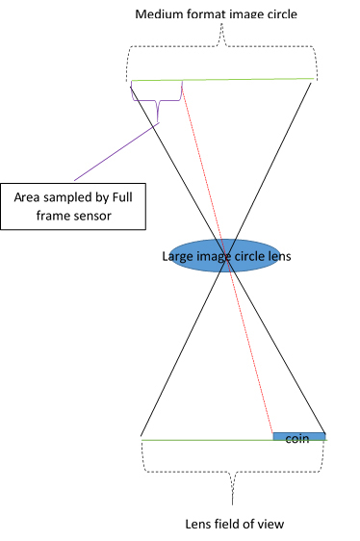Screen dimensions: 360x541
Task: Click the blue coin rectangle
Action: click(x=299, y=436)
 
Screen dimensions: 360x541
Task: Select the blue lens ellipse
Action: click(x=225, y=256)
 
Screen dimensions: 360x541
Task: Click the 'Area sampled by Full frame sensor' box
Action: click(x=73, y=206)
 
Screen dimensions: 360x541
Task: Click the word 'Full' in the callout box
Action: click(x=122, y=197)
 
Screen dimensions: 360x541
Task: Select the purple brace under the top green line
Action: click(x=158, y=101)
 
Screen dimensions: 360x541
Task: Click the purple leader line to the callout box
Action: click(x=116, y=152)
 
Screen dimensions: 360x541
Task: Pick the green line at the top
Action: click(x=222, y=80)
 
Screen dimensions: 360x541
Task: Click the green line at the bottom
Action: click(x=234, y=440)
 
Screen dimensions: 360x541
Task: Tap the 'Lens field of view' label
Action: click(x=235, y=524)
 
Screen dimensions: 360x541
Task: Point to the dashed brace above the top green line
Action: click(x=221, y=45)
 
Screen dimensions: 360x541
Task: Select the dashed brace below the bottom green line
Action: click(x=233, y=472)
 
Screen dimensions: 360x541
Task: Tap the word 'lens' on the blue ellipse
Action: click(x=279, y=256)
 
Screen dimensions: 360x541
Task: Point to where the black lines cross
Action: click(x=226, y=258)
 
